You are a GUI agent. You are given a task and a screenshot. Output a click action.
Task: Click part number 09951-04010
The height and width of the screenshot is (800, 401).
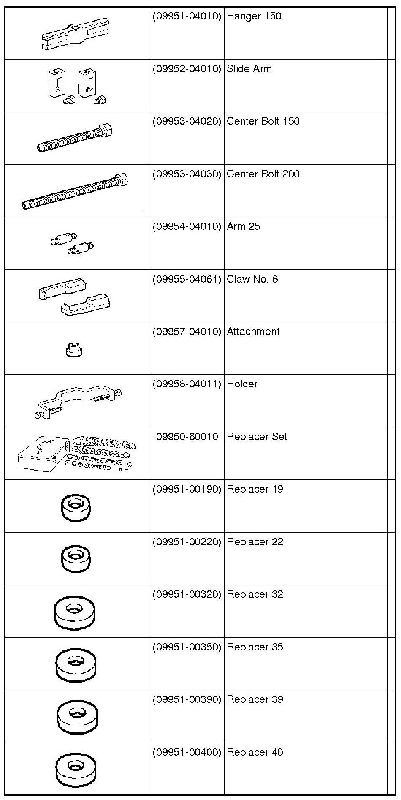point(187,16)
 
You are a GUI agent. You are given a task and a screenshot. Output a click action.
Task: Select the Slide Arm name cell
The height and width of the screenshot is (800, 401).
point(249,69)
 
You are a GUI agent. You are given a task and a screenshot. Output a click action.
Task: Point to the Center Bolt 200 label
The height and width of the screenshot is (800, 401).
point(263,174)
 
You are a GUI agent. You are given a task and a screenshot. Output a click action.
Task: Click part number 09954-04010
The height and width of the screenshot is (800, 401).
point(187,226)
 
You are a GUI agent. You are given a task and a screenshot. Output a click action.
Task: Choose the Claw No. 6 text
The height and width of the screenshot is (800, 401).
point(252,279)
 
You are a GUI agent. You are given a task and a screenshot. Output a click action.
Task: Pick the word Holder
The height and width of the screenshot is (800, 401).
point(242,384)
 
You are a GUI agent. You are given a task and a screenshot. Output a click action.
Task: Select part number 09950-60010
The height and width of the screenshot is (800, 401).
point(187,437)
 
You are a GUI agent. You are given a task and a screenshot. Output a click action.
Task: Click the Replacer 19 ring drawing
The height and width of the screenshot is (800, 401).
point(76,508)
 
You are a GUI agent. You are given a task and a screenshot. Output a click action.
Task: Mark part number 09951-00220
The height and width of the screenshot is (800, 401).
point(187,542)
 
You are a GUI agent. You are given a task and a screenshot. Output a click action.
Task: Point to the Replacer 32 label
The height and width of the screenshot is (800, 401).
point(255,594)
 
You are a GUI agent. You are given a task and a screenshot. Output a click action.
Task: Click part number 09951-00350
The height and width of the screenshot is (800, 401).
point(187,647)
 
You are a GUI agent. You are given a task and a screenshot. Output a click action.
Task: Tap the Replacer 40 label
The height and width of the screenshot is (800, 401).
point(255,752)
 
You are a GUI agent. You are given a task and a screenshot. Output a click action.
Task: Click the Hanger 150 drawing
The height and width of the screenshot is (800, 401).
point(75,34)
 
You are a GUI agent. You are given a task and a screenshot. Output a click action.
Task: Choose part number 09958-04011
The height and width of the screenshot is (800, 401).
point(187,384)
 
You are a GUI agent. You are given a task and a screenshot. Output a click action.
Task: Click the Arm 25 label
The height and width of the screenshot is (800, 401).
point(243,226)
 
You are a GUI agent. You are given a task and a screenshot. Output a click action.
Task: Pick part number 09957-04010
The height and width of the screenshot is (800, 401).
point(187,332)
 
